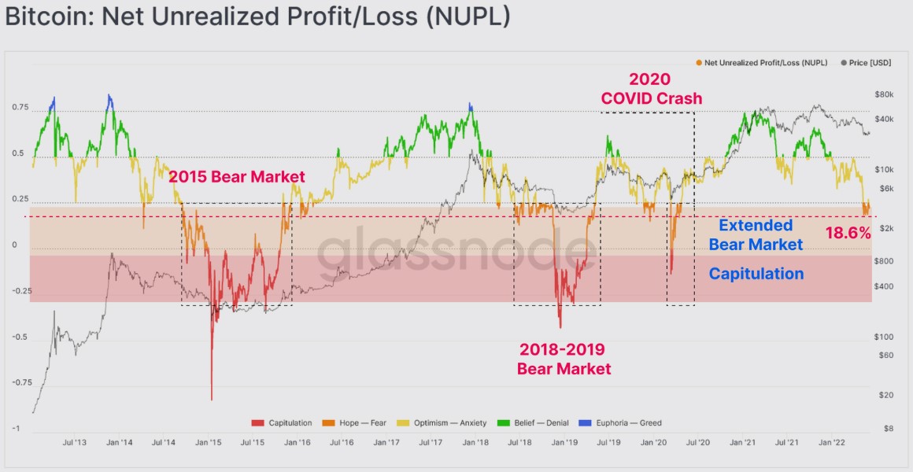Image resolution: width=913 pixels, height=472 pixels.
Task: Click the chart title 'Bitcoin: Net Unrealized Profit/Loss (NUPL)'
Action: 257,18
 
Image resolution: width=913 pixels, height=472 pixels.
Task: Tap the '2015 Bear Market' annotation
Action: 236,177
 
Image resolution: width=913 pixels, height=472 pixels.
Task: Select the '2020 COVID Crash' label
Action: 652,88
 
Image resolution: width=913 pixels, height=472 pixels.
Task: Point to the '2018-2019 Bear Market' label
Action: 564,358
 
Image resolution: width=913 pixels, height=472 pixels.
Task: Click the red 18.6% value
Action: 848,233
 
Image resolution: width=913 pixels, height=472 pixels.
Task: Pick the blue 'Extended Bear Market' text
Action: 756,235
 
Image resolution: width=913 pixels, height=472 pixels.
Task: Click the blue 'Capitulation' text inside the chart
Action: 756,274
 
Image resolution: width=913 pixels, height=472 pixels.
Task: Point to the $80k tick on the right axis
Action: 884,94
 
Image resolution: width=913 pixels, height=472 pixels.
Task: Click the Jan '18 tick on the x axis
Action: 473,443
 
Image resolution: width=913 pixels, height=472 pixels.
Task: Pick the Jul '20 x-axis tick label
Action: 698,443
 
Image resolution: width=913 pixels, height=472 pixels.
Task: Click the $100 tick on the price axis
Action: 883,337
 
